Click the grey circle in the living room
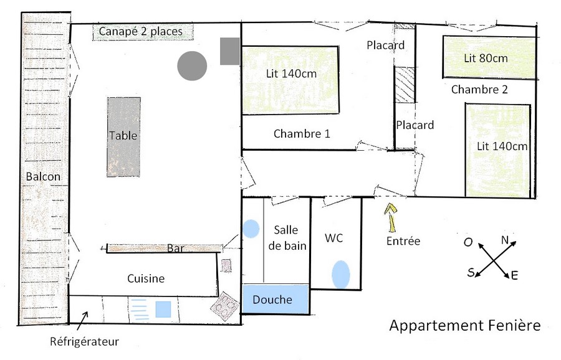click(192, 66)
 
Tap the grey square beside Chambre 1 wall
click(229, 51)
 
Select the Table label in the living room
click(123, 136)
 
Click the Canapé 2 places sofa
click(143, 32)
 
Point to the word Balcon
click(43, 176)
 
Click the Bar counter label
click(176, 248)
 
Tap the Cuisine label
click(146, 278)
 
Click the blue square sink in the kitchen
click(163, 309)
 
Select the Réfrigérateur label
click(84, 341)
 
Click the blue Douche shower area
click(276, 299)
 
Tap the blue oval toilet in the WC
click(340, 274)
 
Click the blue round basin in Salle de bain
click(251, 229)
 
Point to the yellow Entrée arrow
click(391, 217)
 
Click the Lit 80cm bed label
click(486, 58)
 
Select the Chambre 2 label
click(479, 89)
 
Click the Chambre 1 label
click(302, 134)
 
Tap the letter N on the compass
click(505, 240)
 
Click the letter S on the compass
click(471, 273)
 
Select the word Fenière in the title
click(514, 325)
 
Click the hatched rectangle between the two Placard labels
click(405, 84)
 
